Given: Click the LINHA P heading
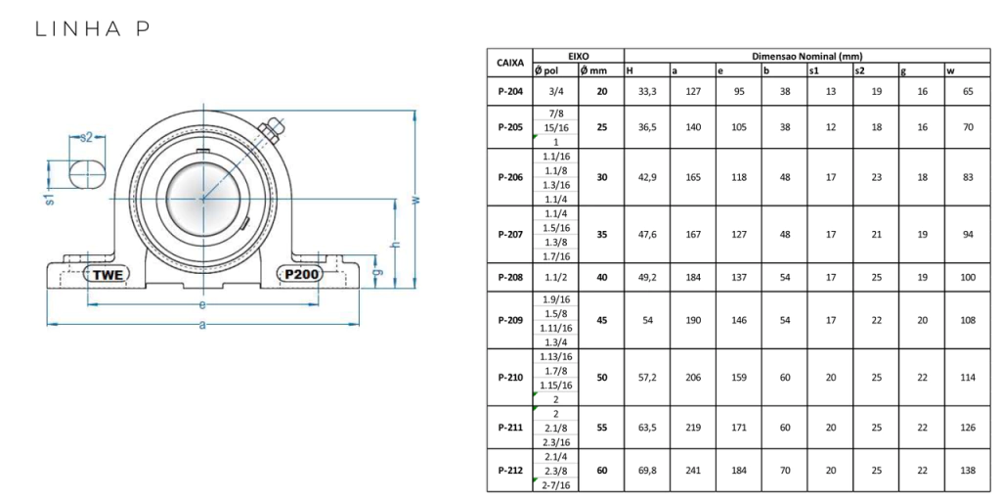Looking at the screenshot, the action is coord(93,29).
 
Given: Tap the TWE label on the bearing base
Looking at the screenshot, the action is coord(108,274).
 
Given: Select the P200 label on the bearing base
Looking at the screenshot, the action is coord(299,274).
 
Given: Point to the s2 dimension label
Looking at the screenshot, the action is coord(86,137).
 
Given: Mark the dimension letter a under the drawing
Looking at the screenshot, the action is coord(203,325).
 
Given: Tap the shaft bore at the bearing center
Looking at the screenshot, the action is coord(202,198).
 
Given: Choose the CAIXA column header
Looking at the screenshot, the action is coord(509,63).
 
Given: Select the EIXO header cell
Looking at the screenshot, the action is coord(579,56).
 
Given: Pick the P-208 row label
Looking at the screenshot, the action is coord(510,277).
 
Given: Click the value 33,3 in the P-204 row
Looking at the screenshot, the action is coord(647,91).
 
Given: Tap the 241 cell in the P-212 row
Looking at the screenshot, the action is coord(693,471).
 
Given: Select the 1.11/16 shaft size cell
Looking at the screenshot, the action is coord(555,328).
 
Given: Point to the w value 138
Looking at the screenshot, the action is coord(968,471).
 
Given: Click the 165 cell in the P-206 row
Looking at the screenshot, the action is coord(693,177).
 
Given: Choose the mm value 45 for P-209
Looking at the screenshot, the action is coord(601,320).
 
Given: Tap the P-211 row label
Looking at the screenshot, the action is coord(510,428).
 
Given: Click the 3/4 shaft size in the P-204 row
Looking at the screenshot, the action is coord(555,91).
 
